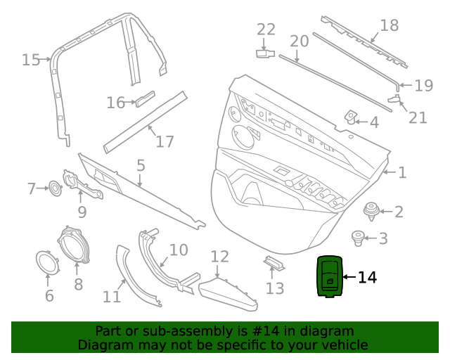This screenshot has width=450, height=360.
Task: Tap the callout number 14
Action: pyautogui.click(x=367, y=278)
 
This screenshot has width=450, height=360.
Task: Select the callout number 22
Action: pyautogui.click(x=266, y=30)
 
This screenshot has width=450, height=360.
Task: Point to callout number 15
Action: pyautogui.click(x=30, y=60)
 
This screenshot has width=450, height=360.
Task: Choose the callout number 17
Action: pyautogui.click(x=165, y=141)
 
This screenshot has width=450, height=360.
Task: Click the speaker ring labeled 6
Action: pyautogui.click(x=48, y=262)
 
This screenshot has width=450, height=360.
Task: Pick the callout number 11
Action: pyautogui.click(x=111, y=297)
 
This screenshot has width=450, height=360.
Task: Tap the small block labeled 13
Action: pyautogui.click(x=274, y=263)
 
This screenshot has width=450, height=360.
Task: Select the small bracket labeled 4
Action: pyautogui.click(x=350, y=117)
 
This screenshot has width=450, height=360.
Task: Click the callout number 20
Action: pyautogui.click(x=299, y=41)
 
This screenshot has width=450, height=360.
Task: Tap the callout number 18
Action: pyautogui.click(x=389, y=26)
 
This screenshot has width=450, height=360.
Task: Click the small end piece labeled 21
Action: pyautogui.click(x=396, y=96)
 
